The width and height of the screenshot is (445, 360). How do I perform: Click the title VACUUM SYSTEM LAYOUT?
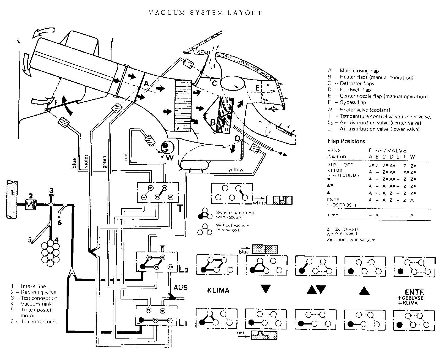tap(205, 13)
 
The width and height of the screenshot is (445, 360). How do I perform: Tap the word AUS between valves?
tap(181, 288)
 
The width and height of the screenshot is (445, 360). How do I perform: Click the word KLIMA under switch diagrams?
tap(218, 290)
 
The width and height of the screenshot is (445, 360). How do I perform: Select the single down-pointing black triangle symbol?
tap(266, 289)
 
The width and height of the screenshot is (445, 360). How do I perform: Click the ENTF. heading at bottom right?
tap(414, 292)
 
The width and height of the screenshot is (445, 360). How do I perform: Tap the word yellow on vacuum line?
tap(236, 170)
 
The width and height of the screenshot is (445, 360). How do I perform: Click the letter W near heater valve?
tap(170, 157)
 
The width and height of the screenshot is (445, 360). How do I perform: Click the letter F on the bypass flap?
tap(56, 102)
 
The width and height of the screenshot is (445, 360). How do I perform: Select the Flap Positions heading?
tap(346, 141)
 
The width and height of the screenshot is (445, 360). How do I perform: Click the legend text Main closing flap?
tap(359, 71)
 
